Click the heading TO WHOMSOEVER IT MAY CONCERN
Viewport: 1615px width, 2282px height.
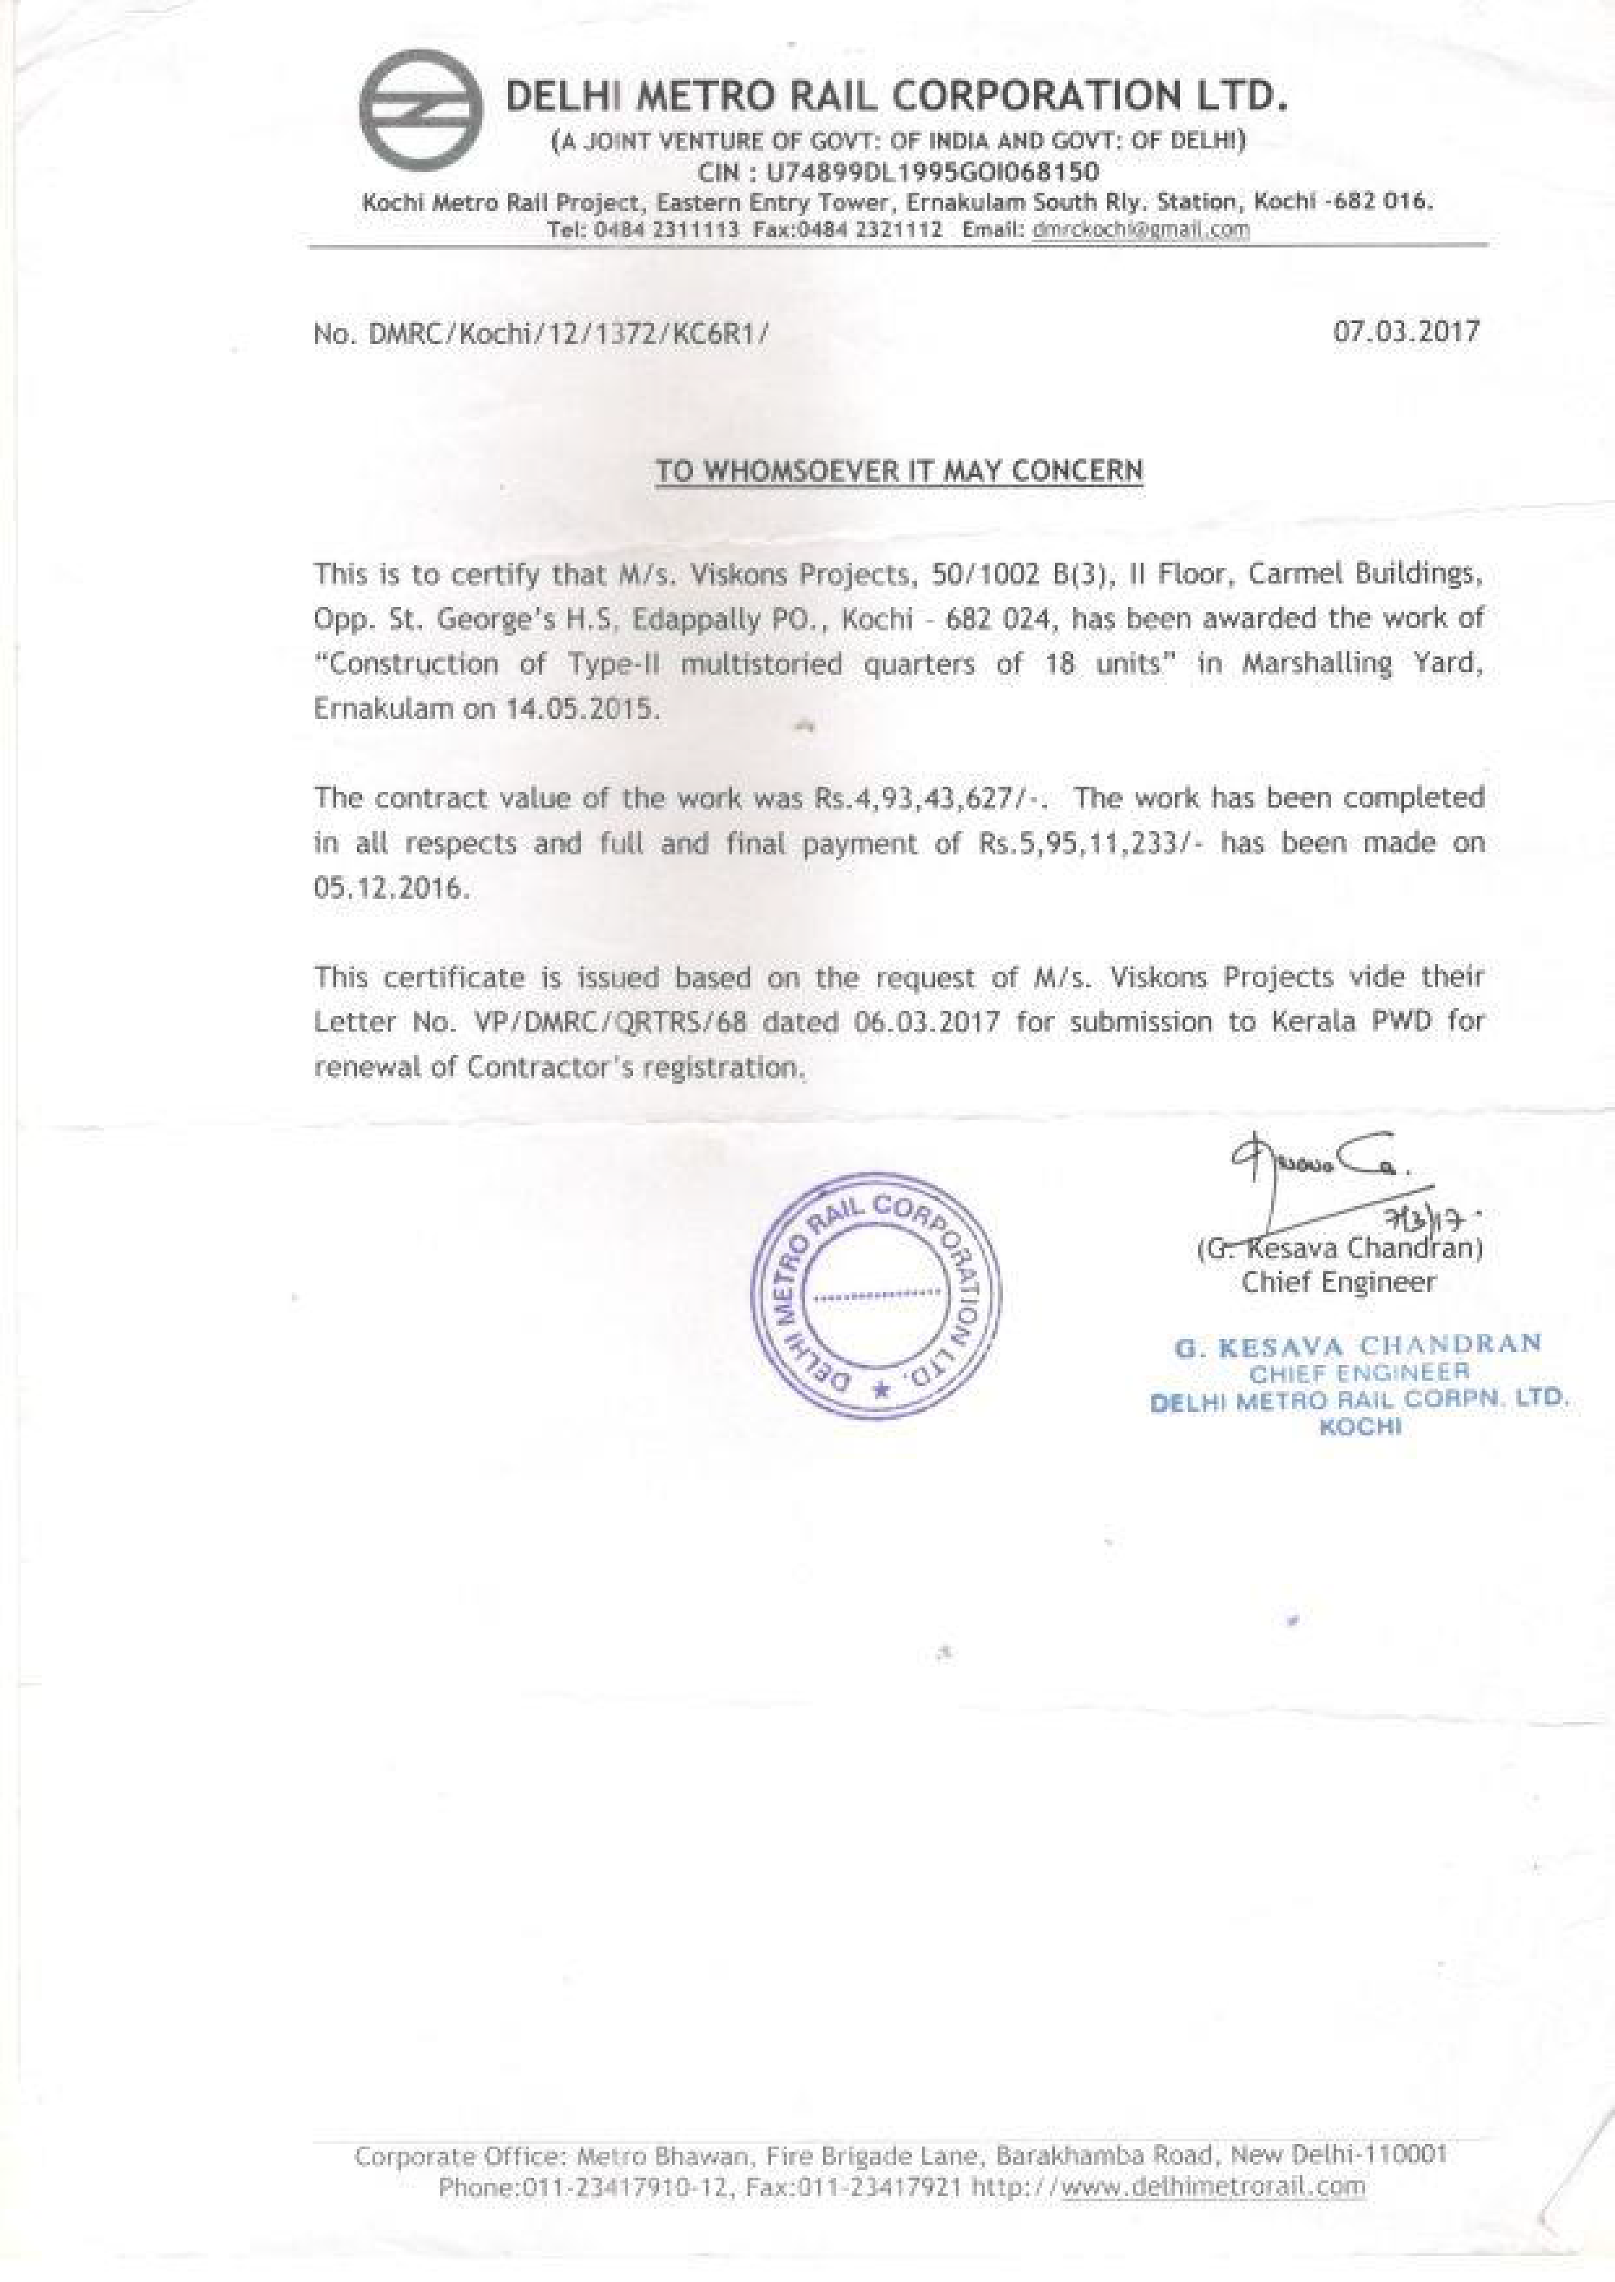pyautogui.click(x=899, y=470)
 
